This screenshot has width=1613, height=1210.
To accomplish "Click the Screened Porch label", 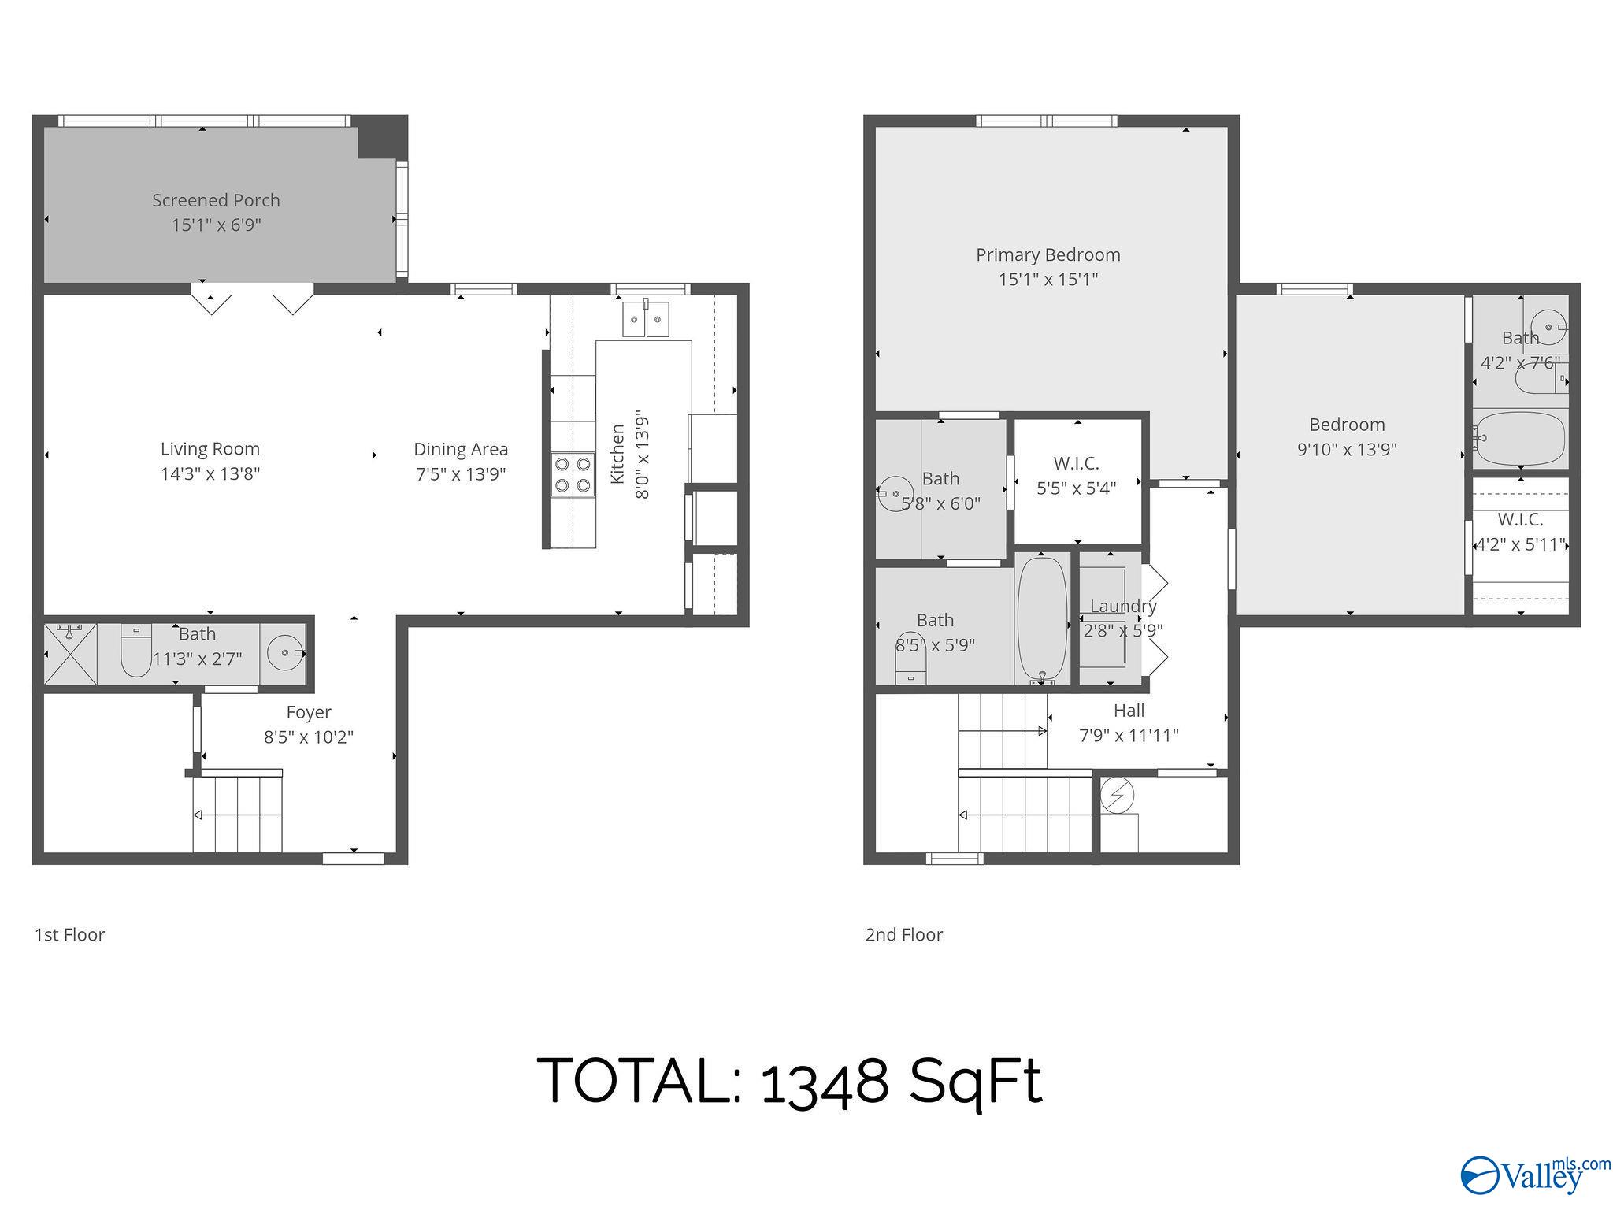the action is coord(216,200).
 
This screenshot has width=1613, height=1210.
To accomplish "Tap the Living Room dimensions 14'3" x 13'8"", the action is coord(210,473).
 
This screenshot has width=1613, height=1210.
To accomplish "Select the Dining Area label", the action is coord(461,449).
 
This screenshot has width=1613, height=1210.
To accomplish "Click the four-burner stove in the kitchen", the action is coord(573,475).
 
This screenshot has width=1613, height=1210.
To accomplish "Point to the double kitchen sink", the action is coord(646,318).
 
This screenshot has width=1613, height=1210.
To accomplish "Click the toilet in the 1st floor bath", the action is coord(136,651).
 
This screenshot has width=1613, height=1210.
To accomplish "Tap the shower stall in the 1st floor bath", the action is coord(70,654).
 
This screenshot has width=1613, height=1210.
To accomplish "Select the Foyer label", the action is coord(309,712).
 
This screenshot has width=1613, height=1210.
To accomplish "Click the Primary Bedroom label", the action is coord(1048,254).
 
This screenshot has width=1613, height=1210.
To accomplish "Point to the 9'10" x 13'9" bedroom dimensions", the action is coord(1347,449).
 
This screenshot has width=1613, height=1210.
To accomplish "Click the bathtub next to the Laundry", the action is coord(1042,620).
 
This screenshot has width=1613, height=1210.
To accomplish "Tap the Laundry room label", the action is coord(1123,606).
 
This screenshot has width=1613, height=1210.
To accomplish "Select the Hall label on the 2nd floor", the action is coord(1129,711).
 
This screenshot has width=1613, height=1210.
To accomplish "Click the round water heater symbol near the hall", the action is coord(1117,796).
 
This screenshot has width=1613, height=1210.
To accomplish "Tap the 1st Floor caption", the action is coord(69,935).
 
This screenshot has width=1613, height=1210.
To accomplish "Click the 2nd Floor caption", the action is coord(904,935).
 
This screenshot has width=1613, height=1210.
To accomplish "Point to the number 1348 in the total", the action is coord(825,1081).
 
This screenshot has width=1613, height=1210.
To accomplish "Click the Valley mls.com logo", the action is coord(1535,1175).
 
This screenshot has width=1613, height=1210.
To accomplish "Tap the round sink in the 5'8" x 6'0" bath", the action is coord(895,494).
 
